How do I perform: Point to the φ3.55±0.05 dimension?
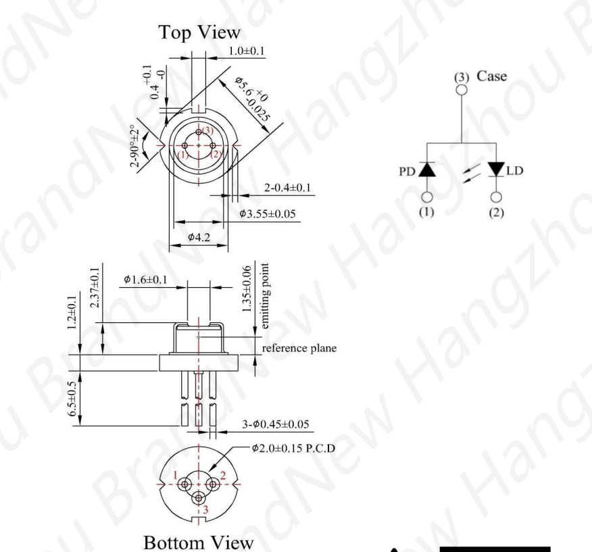click(x=269, y=214)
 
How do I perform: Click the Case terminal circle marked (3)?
click(x=462, y=90)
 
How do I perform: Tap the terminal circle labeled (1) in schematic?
click(x=426, y=197)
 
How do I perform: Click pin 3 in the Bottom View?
click(x=198, y=498)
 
